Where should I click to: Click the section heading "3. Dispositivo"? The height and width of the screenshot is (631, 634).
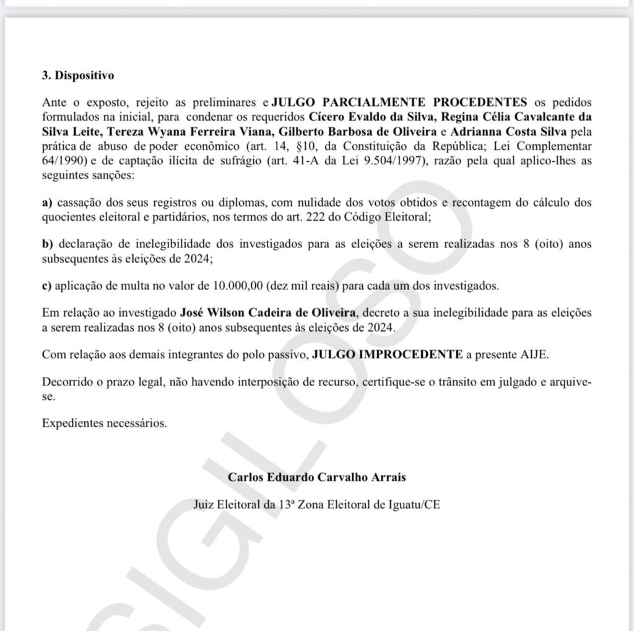(x=78, y=76)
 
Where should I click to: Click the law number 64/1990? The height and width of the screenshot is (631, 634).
(x=64, y=161)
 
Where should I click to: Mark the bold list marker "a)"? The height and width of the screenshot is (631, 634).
(x=47, y=203)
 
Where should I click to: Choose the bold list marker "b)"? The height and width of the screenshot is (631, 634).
(x=47, y=244)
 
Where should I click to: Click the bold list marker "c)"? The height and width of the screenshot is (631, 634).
(x=47, y=286)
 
